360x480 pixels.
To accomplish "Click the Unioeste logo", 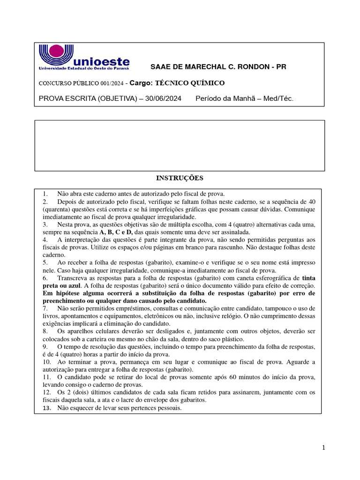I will [x=84, y=57].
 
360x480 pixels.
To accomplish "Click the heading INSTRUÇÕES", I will [x=180, y=178].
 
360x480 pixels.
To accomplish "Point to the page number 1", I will [x=323, y=448].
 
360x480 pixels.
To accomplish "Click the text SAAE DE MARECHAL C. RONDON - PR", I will [x=217, y=67].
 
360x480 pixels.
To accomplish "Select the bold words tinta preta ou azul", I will [x=300, y=281].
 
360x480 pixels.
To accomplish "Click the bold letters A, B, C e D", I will [x=116, y=232].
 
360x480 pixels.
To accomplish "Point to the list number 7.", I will [x=45, y=308].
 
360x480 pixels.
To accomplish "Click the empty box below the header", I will [x=180, y=145].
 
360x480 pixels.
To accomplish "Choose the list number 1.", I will [x=45, y=193].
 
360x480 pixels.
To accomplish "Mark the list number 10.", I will [x=46, y=362].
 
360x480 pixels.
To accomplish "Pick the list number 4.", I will [x=45, y=240].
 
